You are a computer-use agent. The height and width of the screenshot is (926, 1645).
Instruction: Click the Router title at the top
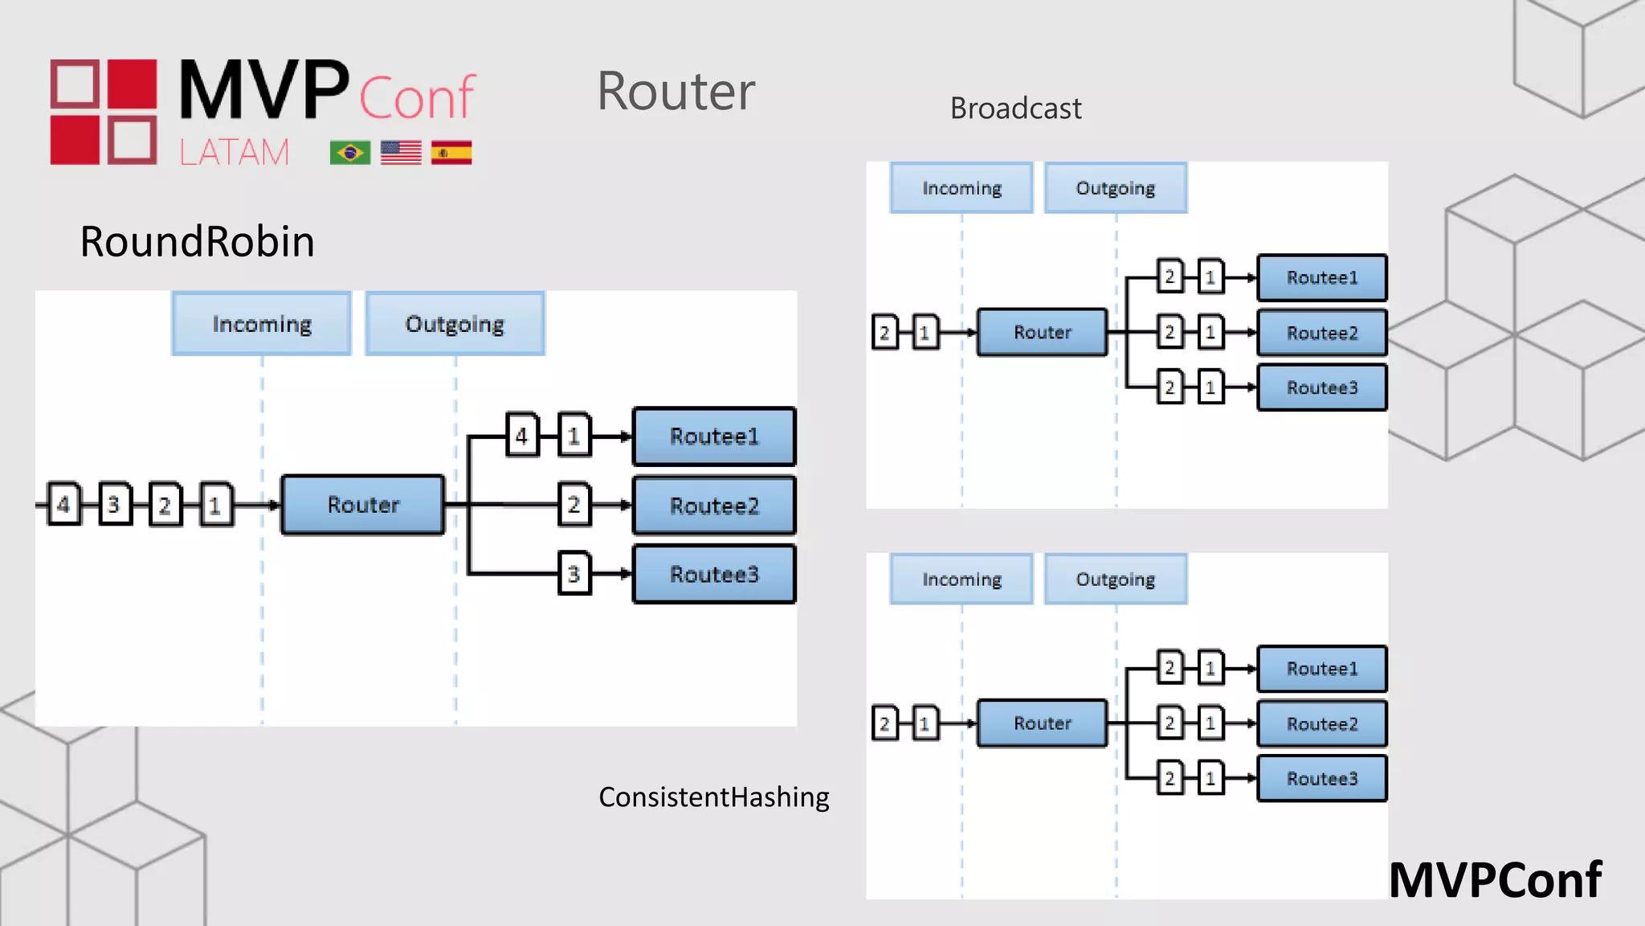[x=676, y=91]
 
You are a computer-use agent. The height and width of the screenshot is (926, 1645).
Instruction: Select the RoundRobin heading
[x=197, y=241]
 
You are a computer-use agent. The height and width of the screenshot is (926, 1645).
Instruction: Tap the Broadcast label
[x=1015, y=108]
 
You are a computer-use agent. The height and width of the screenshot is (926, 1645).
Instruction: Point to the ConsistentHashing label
[x=713, y=797]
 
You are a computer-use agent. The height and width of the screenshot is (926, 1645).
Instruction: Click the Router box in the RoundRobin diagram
[x=363, y=505]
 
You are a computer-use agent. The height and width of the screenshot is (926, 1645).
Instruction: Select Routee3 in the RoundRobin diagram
[x=714, y=574]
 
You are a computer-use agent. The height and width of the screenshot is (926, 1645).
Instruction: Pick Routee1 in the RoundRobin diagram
[x=714, y=436]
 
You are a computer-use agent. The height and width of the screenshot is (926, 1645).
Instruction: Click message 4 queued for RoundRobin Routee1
[x=522, y=436]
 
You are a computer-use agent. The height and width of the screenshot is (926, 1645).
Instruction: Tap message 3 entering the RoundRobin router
[x=114, y=505]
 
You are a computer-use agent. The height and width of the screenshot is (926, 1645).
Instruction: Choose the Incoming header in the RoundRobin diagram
[x=262, y=324]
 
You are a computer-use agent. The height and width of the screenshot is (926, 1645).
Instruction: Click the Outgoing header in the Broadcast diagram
[x=1116, y=188]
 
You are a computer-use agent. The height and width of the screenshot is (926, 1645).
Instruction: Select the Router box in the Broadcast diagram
[x=1042, y=332]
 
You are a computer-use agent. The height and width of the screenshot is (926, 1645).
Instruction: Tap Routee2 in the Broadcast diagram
[x=1322, y=333]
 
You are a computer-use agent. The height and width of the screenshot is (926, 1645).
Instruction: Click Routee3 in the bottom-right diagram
[x=1322, y=778]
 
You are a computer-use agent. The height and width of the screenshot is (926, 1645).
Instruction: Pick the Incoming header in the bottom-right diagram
[x=961, y=579]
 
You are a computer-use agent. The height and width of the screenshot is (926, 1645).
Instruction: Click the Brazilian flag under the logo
[x=350, y=153]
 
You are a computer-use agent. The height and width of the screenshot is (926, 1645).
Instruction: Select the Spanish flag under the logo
[x=451, y=153]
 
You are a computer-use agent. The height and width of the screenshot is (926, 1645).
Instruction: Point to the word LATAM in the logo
[x=234, y=152]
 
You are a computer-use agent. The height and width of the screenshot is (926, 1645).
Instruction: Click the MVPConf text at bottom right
[x=1495, y=880]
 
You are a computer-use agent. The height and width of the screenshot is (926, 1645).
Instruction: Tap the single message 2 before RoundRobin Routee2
[x=574, y=505]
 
